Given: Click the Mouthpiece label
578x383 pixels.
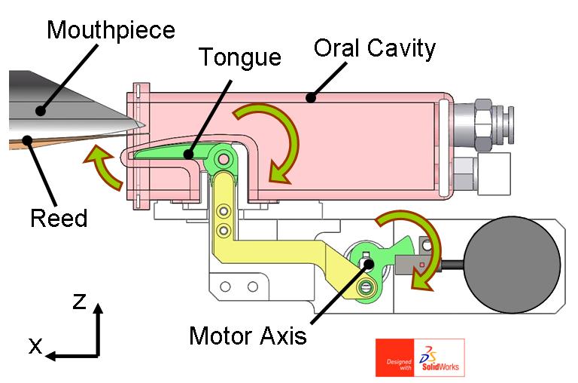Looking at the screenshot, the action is click(x=111, y=30).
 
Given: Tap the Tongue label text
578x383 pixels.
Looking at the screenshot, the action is click(x=240, y=57).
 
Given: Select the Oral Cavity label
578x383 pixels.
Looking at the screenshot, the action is click(x=375, y=48).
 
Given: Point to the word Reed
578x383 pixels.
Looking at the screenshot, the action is click(x=59, y=218).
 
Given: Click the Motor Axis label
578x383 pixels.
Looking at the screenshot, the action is click(x=248, y=336).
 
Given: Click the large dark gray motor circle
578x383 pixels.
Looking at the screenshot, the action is click(x=512, y=265).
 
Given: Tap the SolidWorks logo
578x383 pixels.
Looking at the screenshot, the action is click(x=420, y=357).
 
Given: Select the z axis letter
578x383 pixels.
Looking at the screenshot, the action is click(x=79, y=301).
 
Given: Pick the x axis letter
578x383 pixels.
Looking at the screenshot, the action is click(x=36, y=346).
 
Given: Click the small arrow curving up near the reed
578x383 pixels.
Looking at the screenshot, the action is click(x=105, y=165).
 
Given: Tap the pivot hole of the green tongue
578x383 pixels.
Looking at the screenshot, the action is click(x=224, y=160).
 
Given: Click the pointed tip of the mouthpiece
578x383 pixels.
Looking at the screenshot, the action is click(x=144, y=126).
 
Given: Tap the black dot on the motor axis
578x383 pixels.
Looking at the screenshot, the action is click(x=368, y=264).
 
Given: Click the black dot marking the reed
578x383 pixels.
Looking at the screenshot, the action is click(x=27, y=140).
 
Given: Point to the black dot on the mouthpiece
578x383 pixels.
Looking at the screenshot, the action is click(x=40, y=110).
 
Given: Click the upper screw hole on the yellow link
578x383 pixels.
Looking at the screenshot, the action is click(x=224, y=212).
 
